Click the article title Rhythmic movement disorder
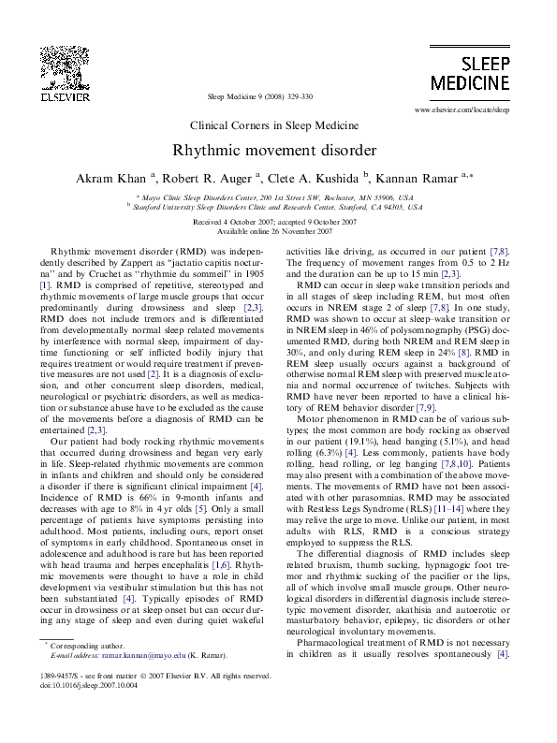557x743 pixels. click(273, 150)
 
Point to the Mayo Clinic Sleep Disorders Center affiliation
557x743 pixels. click(275, 198)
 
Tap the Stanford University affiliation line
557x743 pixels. click(275, 209)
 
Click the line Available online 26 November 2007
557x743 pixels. click(273, 230)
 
